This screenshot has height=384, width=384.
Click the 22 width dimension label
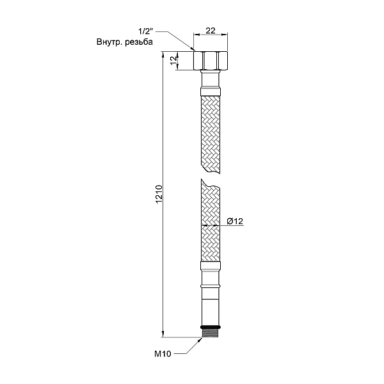coord(209,30)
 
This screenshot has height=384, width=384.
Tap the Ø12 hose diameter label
coord(234,221)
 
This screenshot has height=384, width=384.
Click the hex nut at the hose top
coord(209,61)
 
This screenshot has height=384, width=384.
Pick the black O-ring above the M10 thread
coord(209,327)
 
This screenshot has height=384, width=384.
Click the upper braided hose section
coord(209,131)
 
